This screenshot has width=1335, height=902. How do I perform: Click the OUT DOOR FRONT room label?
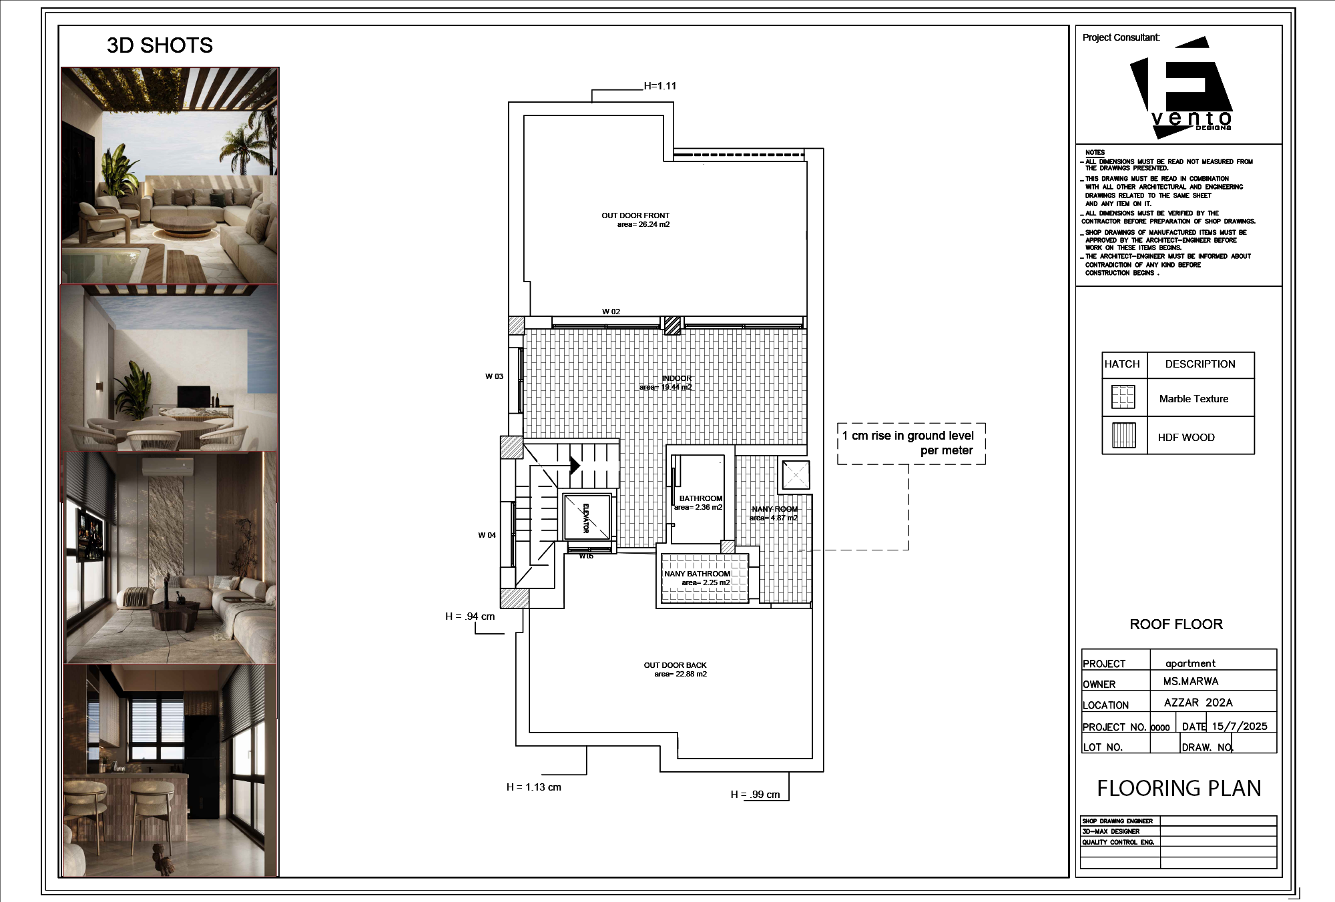point(635,215)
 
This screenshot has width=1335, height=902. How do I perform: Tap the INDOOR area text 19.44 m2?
point(665,387)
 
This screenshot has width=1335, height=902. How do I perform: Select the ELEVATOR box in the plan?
point(587,517)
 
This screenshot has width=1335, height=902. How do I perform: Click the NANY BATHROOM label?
point(697,574)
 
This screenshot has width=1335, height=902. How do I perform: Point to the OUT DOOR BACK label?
point(675,665)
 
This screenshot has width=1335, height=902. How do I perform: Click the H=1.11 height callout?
point(659,86)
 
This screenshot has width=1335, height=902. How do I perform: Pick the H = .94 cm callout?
point(470,616)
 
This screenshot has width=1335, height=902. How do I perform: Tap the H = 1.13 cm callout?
point(533,787)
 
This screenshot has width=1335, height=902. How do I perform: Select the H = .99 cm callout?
point(755,795)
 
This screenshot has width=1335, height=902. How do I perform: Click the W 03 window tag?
point(494,376)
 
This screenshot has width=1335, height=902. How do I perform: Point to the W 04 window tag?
point(487,535)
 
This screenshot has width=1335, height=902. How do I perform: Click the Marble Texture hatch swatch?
point(1123,398)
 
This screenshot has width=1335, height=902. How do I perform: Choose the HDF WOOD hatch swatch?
point(1123,436)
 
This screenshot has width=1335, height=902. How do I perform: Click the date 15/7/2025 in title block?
point(1239,727)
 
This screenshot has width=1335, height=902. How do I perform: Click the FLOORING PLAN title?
point(1179,789)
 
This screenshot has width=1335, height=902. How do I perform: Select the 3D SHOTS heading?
point(160,45)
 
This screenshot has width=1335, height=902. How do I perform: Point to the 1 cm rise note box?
point(910,443)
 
